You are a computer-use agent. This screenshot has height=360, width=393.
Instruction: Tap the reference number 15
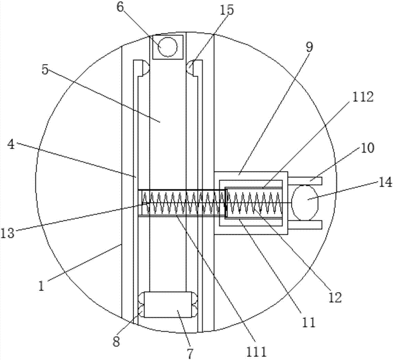pos(227,10)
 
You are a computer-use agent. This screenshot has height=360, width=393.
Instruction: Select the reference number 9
pos(309,47)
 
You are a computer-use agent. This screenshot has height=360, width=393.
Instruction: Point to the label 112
pos(363,97)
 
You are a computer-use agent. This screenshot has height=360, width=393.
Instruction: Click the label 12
pos(335,297)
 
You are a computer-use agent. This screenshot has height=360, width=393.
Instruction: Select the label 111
pos(256,351)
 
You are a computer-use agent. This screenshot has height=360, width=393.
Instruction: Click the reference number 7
pos(190,353)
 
